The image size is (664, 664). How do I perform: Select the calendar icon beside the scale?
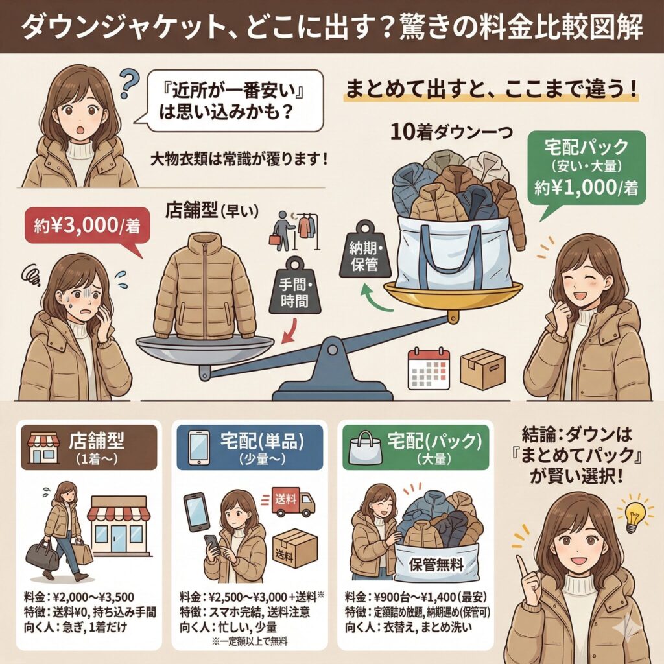[x=428, y=368]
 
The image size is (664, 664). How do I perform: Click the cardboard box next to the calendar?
[x=483, y=368]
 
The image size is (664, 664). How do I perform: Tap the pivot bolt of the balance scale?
[x=332, y=350]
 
